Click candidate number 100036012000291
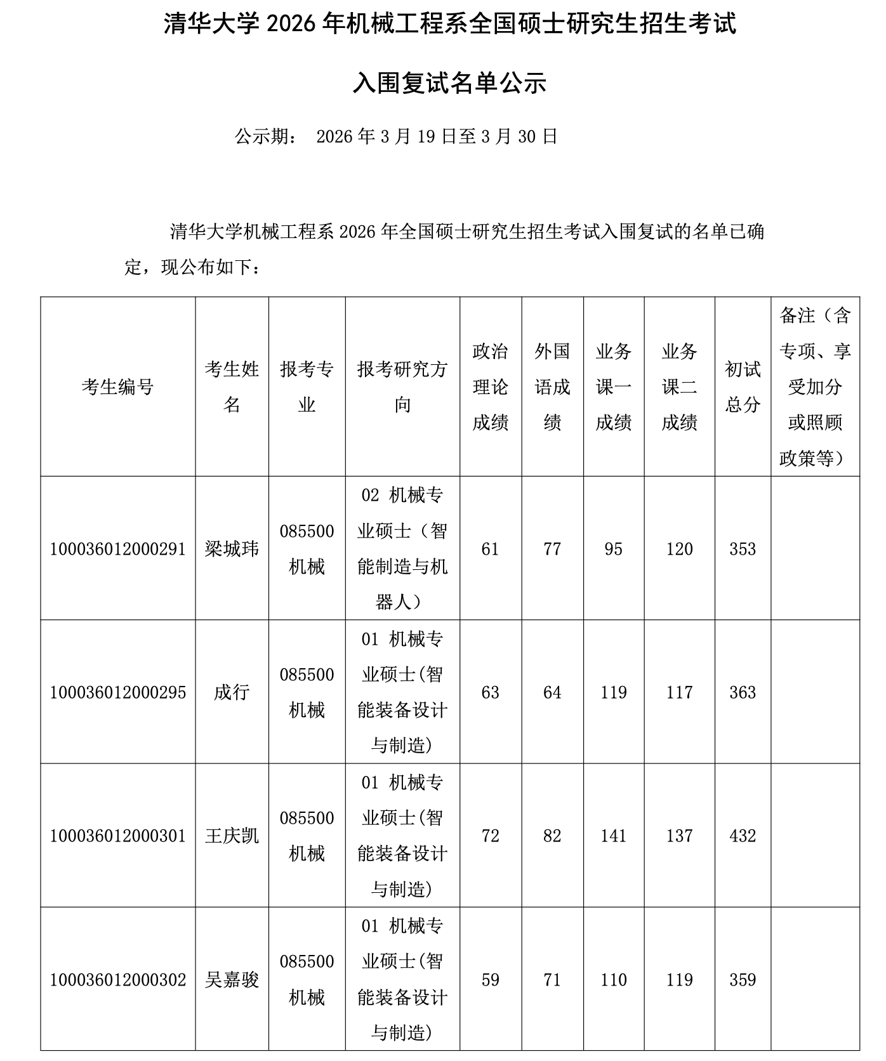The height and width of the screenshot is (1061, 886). click(x=118, y=549)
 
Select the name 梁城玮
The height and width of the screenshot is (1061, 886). click(x=232, y=549)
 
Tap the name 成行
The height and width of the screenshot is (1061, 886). click(x=232, y=692)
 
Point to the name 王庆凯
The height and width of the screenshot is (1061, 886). click(x=232, y=836)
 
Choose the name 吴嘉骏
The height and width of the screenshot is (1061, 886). click(x=232, y=980)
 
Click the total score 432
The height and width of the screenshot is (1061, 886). click(x=743, y=836)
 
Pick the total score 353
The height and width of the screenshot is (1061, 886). click(x=743, y=549)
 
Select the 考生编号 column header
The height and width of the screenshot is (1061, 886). click(x=118, y=386)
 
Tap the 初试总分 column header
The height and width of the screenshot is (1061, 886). click(x=743, y=386)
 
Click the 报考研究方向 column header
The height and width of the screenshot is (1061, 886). click(x=402, y=386)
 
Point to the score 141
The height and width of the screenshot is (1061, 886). click(x=613, y=836)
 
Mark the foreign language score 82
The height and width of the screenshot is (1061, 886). click(x=552, y=836)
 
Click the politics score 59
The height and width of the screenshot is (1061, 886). click(x=490, y=980)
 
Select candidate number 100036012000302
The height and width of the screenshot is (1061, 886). click(x=118, y=980)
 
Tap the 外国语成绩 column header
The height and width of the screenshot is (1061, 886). click(x=552, y=386)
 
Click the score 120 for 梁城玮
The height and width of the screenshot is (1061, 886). click(x=679, y=549)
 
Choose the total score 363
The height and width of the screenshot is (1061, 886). click(x=743, y=692)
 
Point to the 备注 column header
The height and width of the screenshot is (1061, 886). click(x=815, y=386)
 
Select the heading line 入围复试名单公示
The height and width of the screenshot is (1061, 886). click(x=449, y=83)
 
